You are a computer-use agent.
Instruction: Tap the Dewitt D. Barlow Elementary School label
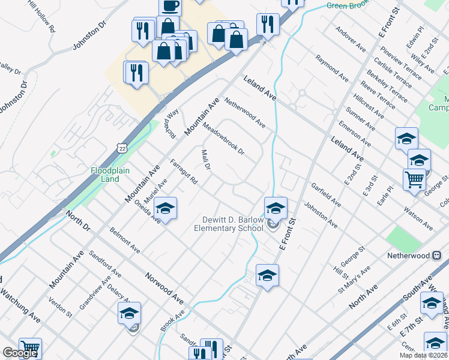(x=229, y=224)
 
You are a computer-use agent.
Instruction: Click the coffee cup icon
(x=170, y=6)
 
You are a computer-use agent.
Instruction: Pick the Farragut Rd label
(x=184, y=171)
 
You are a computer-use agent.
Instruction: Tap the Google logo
(x=20, y=353)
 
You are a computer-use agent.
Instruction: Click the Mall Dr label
(x=205, y=160)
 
